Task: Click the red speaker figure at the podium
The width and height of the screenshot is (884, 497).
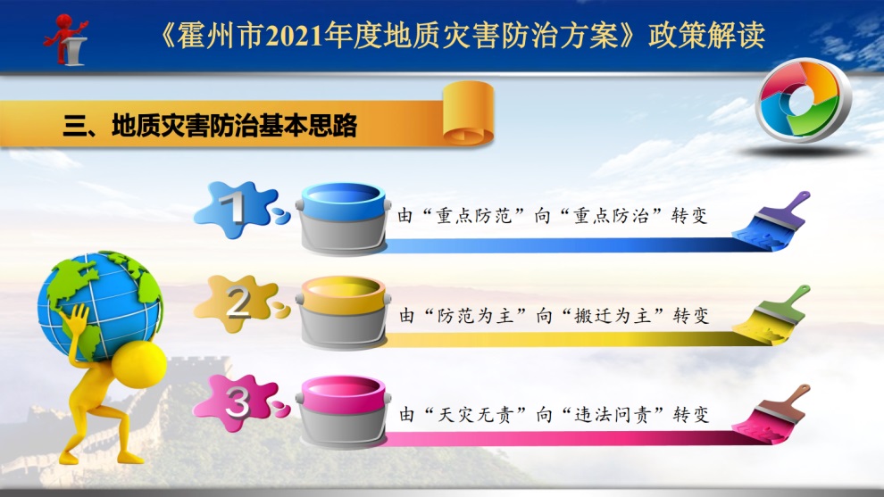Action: click(66, 39)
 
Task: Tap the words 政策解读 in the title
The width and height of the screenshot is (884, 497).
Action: click(706, 36)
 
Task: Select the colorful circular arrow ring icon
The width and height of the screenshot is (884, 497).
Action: click(803, 100)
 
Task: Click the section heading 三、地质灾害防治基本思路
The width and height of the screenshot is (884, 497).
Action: click(211, 125)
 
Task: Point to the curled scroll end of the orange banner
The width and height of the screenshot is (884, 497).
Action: click(468, 112)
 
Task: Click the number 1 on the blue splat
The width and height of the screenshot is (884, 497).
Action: click(232, 207)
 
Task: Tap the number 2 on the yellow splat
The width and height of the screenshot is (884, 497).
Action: click(238, 302)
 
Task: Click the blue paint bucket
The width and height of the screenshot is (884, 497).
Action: click(343, 218)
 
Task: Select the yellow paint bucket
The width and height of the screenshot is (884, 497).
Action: click(343, 311)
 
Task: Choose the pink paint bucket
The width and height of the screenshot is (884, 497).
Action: click(343, 411)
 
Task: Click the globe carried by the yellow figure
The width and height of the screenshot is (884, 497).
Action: click(100, 305)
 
